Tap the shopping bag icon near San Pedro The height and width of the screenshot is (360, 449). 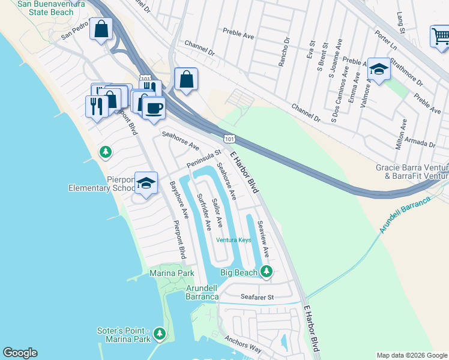click(101, 28)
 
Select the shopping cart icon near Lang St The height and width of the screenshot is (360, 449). click(441, 37)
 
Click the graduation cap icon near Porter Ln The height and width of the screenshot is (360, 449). click(379, 70)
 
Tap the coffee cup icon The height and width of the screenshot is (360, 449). click(154, 108)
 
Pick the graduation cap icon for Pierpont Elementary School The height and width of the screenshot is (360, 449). click(146, 184)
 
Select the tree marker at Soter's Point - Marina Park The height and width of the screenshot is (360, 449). click(159, 334)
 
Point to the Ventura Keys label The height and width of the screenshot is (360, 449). click(234, 240)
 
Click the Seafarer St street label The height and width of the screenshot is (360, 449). click(257, 296)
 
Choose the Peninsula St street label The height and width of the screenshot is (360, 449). click(204, 159)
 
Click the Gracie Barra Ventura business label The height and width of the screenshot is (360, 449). click(412, 172)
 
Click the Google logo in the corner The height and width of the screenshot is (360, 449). click(20, 353)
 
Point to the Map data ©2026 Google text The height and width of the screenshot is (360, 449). click(412, 355)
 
